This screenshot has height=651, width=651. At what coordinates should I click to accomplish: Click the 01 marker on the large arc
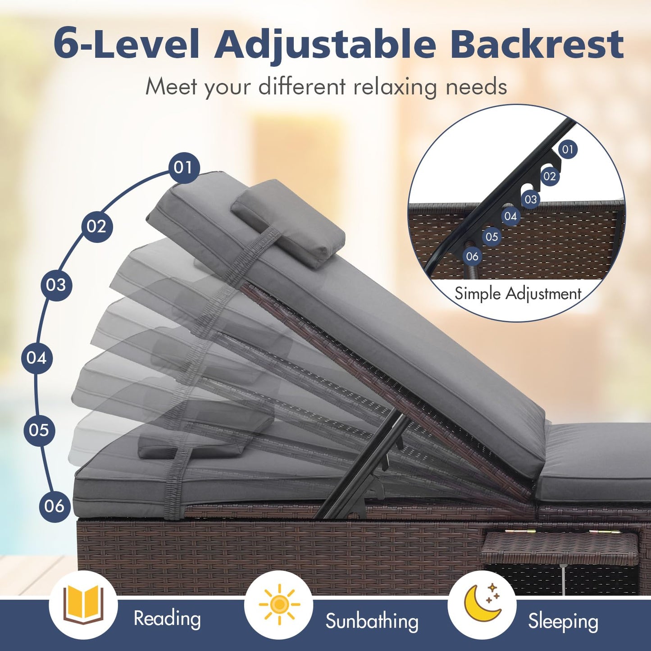click(184, 167)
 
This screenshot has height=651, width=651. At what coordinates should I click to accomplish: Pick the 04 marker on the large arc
click(37, 358)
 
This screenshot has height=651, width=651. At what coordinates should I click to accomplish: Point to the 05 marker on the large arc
click(39, 430)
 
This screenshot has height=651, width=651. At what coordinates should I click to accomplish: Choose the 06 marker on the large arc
click(55, 506)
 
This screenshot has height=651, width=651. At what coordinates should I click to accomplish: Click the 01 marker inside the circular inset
click(568, 149)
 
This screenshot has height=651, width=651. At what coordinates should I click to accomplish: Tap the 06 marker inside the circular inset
click(472, 256)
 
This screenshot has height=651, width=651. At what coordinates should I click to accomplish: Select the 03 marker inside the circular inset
click(531, 199)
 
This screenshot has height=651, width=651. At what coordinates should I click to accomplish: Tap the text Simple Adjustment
click(518, 293)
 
